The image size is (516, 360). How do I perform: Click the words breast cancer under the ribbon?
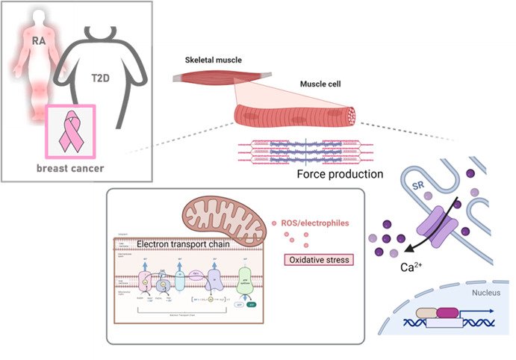70,168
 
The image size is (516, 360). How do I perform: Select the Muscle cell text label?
322,85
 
